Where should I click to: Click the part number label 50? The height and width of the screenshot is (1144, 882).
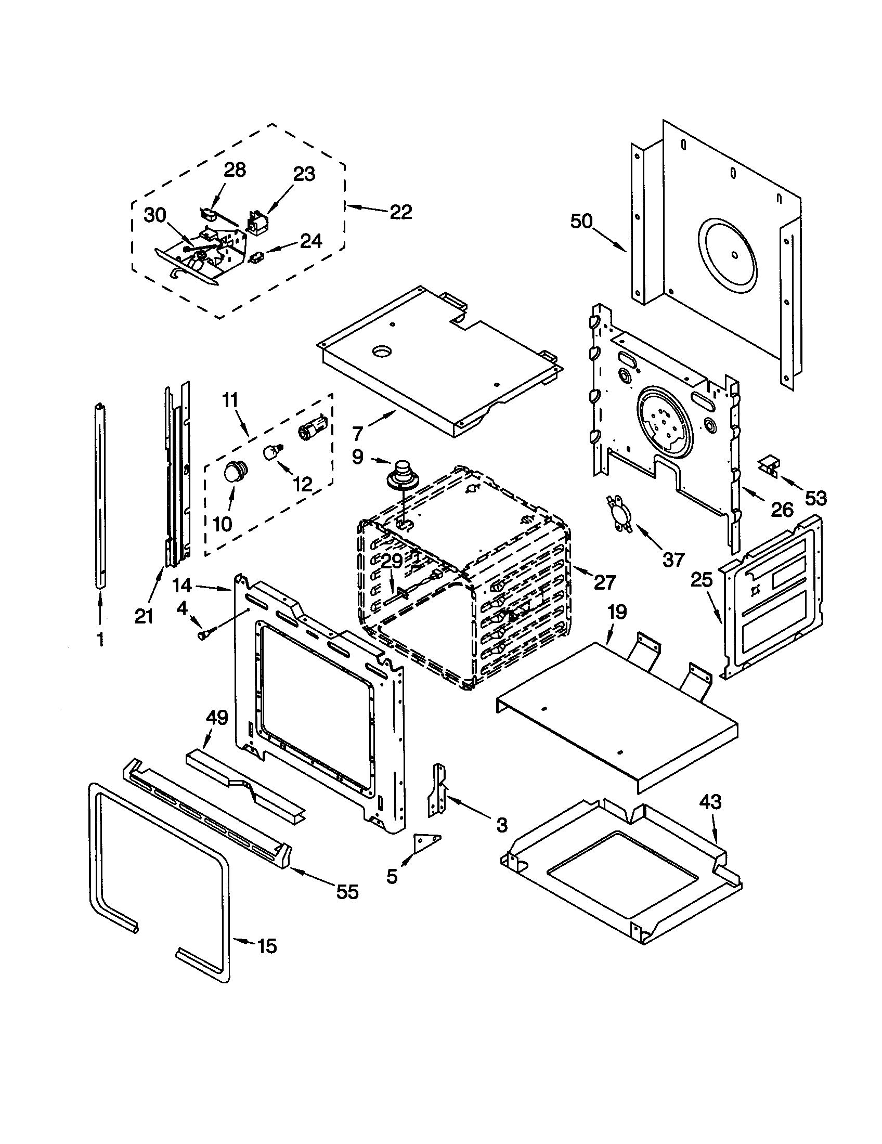[x=581, y=222]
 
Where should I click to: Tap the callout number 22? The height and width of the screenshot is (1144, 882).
[x=400, y=212]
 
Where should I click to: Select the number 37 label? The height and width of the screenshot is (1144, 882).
[x=673, y=560]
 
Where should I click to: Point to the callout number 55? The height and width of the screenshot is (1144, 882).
[x=347, y=891]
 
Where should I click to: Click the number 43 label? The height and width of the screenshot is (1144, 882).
[x=710, y=802]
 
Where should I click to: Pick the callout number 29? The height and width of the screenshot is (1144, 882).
[x=392, y=561]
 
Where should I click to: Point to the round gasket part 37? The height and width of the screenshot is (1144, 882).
[x=619, y=513]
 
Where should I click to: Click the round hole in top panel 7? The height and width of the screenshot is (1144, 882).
[x=382, y=352]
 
